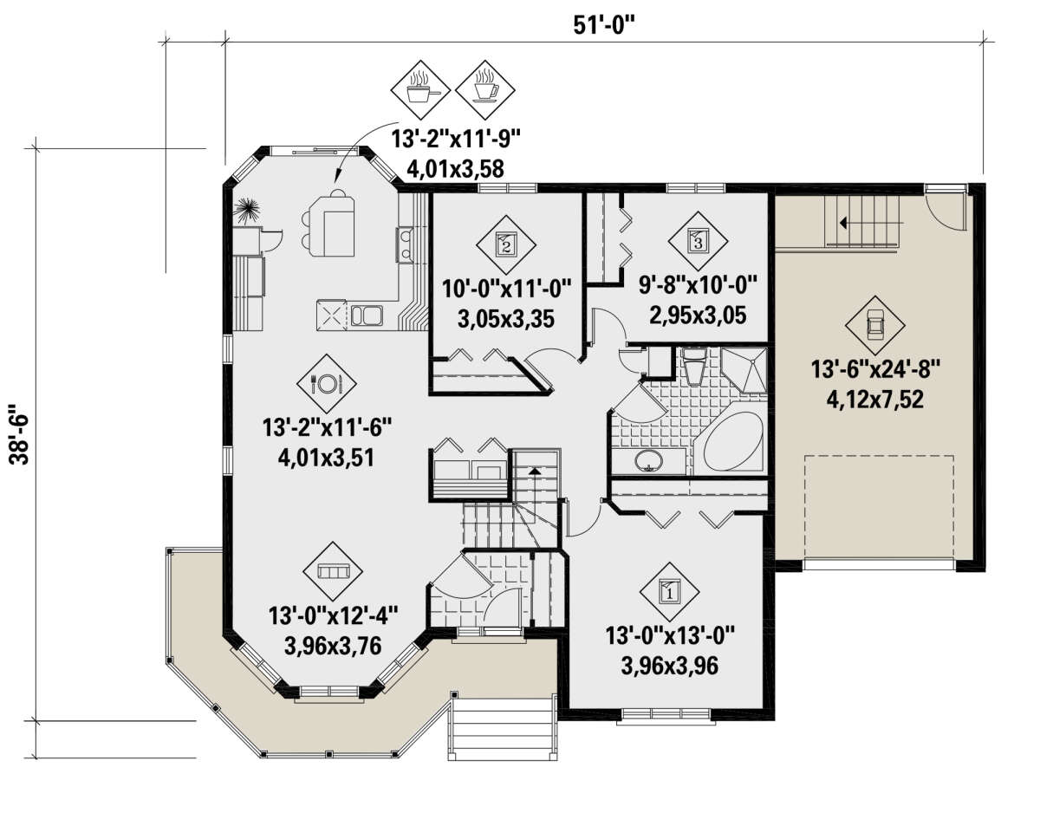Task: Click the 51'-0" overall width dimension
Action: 603,24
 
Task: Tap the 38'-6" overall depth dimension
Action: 19,434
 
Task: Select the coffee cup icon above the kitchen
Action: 484,90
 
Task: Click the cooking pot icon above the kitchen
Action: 420,90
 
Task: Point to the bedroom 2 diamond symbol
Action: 506,244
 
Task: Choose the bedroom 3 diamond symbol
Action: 698,241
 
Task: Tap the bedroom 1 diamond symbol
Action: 669,592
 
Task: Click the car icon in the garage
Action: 874,325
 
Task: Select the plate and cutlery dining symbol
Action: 326,384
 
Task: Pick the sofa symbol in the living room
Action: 333,572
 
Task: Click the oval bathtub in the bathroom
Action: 733,441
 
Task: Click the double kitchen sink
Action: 367,315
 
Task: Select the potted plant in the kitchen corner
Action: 247,211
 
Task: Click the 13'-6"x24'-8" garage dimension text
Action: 874,370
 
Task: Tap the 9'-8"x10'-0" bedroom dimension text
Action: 698,285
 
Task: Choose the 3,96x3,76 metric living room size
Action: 333,646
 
